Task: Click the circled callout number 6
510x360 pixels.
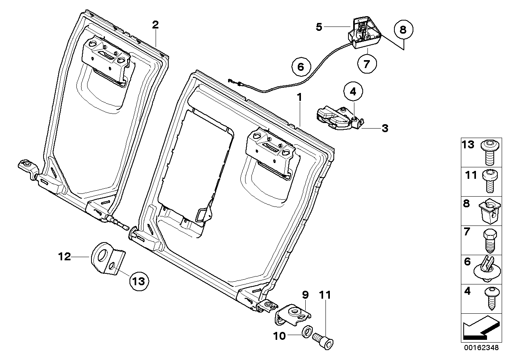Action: click(x=301, y=67)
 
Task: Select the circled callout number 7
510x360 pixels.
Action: click(x=366, y=63)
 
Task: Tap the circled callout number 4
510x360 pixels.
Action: click(x=353, y=91)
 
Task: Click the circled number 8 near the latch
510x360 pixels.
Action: click(x=403, y=30)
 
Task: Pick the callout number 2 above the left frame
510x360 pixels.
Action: click(x=155, y=25)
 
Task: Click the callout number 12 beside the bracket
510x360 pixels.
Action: click(x=65, y=257)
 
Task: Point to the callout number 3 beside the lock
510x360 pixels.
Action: click(x=384, y=128)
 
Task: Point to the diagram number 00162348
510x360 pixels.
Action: click(x=481, y=347)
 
